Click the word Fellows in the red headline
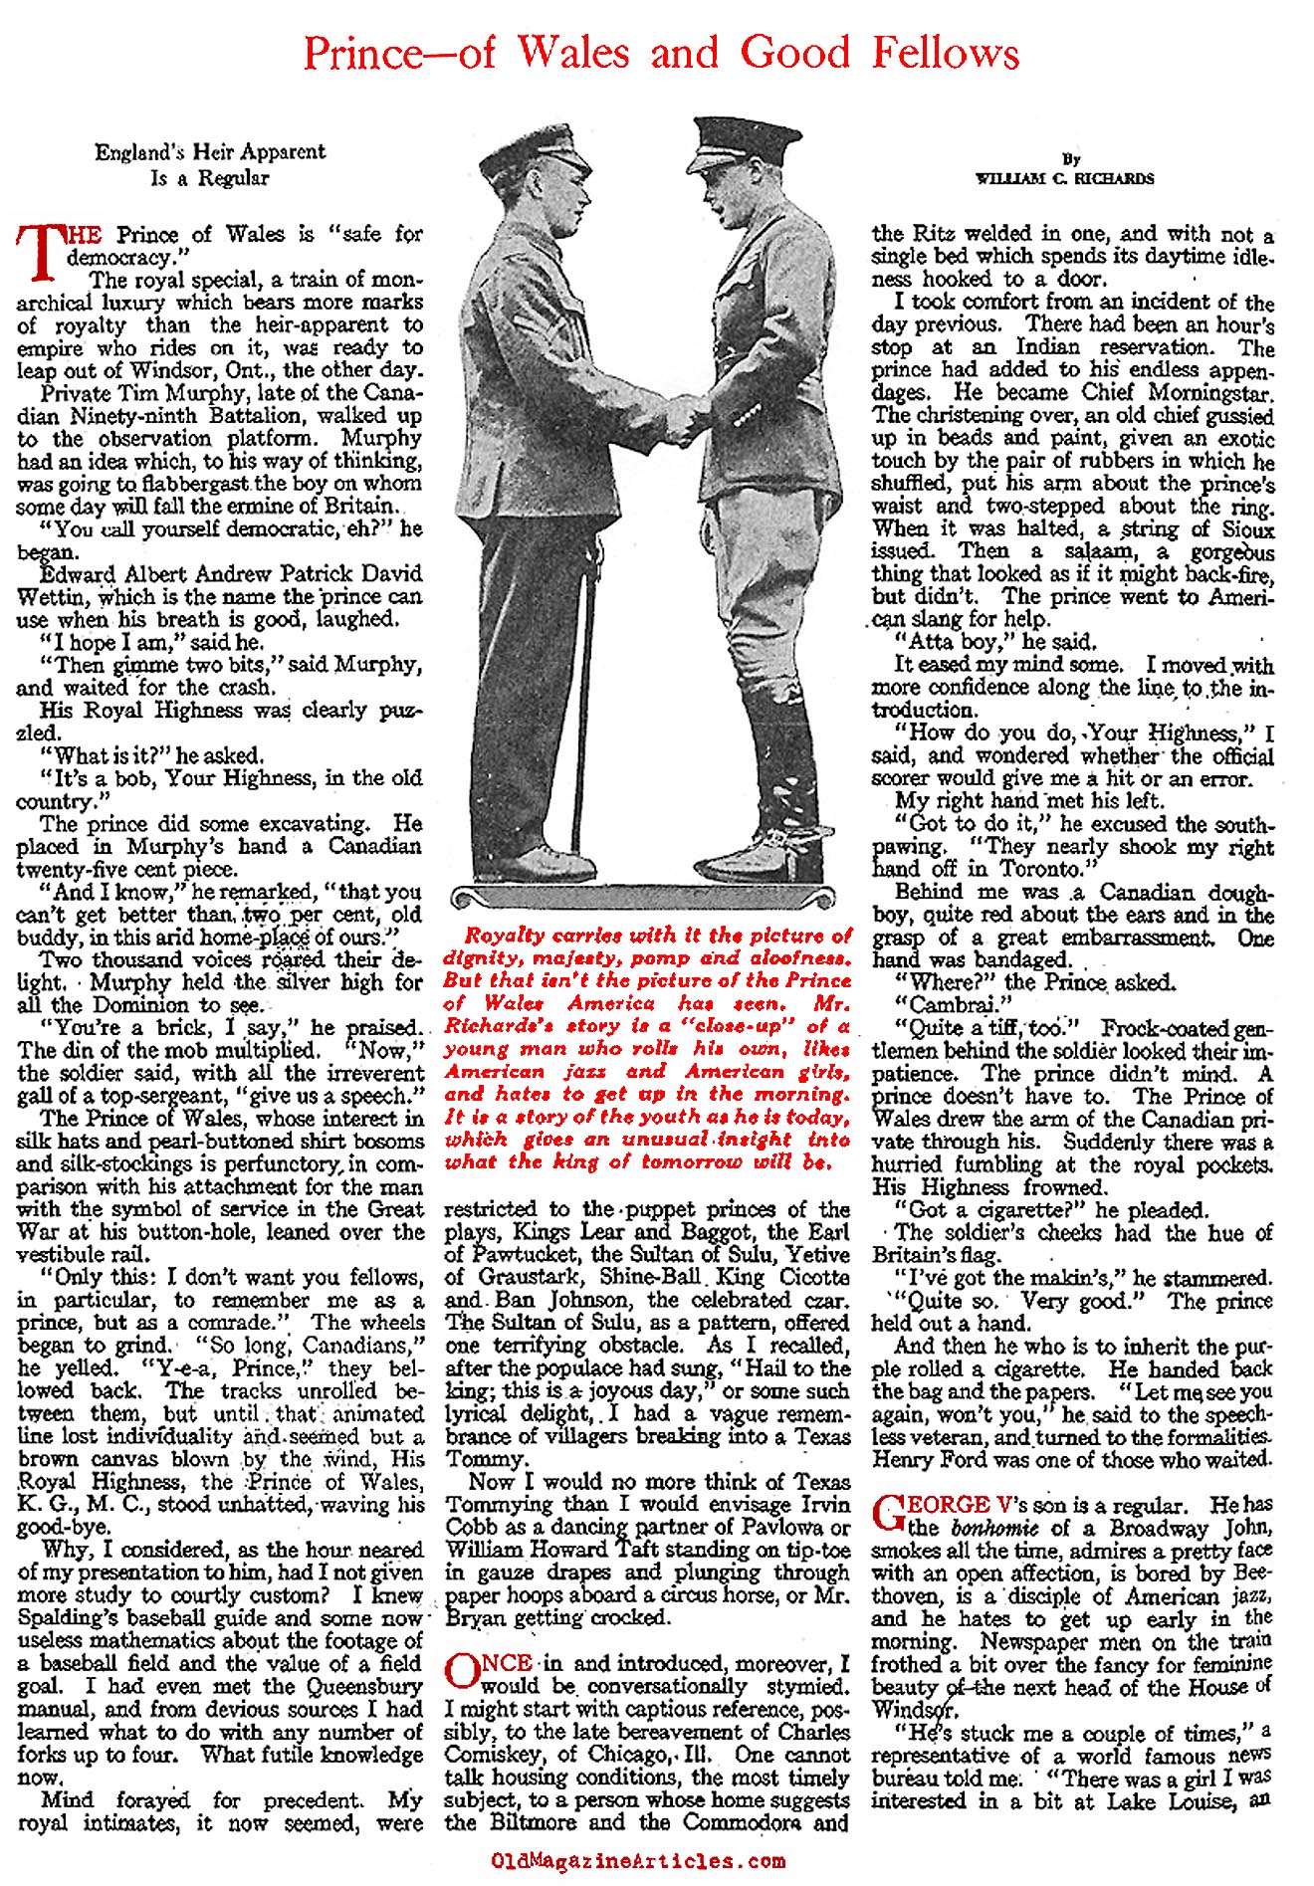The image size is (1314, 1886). pyautogui.click(x=946, y=52)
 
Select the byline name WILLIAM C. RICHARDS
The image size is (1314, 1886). pyautogui.click(x=1065, y=179)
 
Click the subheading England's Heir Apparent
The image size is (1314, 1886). pyautogui.click(x=210, y=152)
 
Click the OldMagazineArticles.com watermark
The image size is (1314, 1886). pyautogui.click(x=638, y=1860)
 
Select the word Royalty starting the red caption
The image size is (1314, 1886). pyautogui.click(x=502, y=937)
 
